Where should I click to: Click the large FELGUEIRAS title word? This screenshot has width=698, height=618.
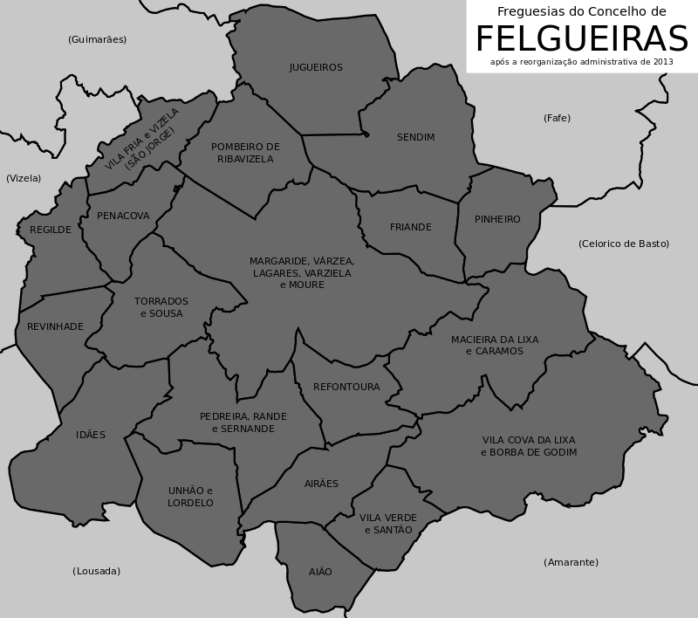[581, 39]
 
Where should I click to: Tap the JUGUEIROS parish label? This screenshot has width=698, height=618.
[316, 67]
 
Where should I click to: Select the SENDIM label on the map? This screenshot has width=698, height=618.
[415, 137]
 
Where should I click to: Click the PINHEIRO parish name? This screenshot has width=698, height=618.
[497, 219]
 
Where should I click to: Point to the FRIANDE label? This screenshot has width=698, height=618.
[410, 227]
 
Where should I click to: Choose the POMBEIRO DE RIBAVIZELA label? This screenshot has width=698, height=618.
[245, 153]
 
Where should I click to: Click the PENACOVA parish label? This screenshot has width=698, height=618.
[123, 216]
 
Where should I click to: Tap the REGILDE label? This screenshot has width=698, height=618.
[51, 230]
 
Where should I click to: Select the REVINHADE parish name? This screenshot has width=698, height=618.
[55, 326]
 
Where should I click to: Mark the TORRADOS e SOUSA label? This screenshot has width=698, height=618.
[161, 307]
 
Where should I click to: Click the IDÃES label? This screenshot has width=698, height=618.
[91, 435]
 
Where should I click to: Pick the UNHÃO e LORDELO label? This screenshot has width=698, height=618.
[190, 497]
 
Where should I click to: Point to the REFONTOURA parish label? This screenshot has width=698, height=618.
[346, 387]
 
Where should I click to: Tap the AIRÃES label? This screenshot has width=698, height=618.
[321, 484]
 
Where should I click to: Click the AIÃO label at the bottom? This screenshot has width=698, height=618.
[320, 572]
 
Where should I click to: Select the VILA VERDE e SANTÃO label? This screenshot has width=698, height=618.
[388, 524]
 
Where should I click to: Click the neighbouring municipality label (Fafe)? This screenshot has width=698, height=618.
[557, 118]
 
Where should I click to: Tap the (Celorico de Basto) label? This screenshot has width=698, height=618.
[623, 244]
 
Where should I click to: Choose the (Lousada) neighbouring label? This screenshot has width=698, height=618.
[96, 571]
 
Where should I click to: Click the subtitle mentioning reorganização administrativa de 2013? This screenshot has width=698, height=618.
[581, 62]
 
